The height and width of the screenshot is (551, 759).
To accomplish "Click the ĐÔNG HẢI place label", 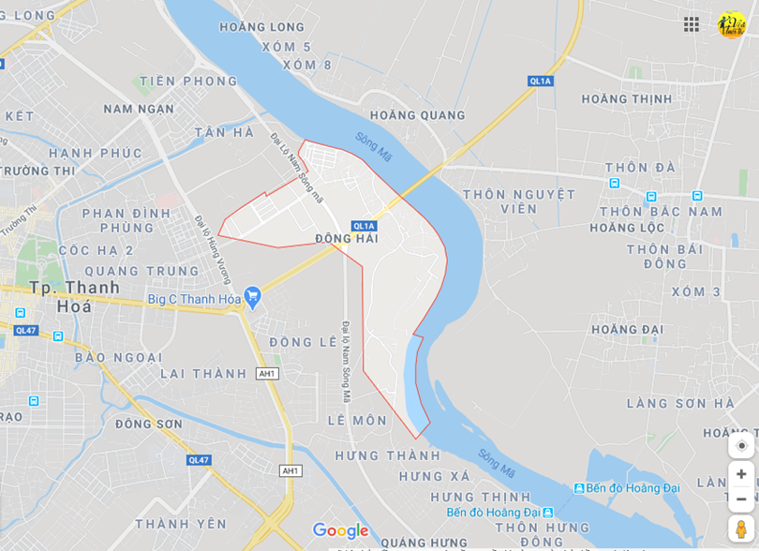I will pos(347,239).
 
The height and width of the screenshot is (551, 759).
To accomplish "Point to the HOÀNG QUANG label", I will pos(417,115).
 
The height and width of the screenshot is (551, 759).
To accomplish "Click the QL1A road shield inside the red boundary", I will pos(364,226).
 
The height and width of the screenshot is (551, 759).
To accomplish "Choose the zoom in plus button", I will pos(741,474).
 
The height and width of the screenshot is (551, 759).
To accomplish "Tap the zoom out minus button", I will pos(741,499).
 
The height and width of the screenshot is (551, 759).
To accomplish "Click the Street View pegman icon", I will pos(741,529).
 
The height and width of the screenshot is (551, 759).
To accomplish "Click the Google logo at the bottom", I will pos(340,530).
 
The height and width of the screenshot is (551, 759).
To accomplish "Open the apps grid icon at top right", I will pos(692,24).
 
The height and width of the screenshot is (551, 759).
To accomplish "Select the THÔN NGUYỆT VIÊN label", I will pos(519,201).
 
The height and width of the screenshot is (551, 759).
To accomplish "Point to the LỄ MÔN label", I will pos(357,421).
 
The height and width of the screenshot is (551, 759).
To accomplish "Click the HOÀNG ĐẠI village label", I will pos(627,329).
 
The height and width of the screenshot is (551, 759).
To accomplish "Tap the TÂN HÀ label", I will pos(224,132).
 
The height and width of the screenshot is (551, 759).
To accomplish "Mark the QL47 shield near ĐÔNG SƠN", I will pos(199,460).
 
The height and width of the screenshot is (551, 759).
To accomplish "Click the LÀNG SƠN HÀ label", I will pos(680,403).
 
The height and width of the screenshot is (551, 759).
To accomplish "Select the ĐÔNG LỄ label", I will pos(303,342).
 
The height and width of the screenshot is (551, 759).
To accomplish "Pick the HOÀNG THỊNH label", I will pos(627,98).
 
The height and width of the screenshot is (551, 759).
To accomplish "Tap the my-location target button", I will pos(741,445).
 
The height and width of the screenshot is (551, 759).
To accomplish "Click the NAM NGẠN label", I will pos(139,109).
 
